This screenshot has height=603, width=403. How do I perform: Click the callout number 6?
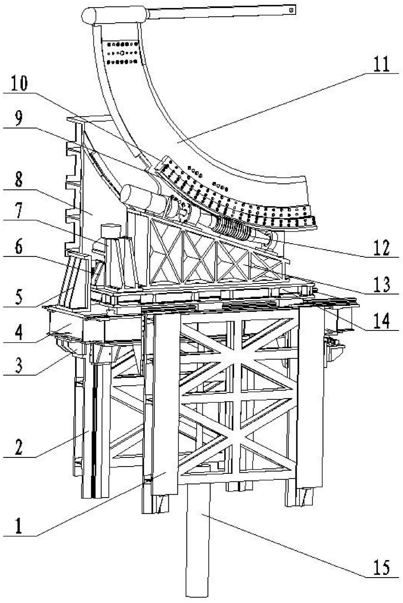[x=19, y=247]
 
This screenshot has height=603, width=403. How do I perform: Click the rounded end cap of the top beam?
[x=89, y=15]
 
